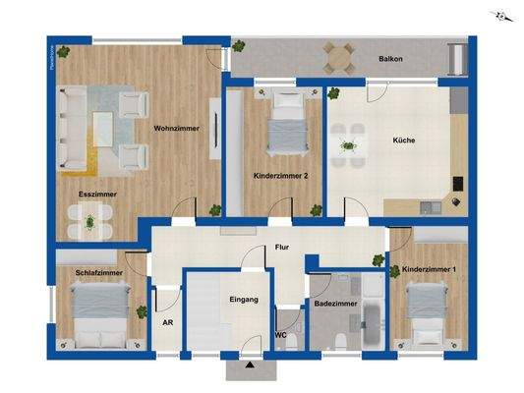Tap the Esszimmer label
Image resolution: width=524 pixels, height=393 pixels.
pyautogui.click(x=97, y=195)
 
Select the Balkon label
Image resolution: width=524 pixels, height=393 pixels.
pyautogui.click(x=390, y=60)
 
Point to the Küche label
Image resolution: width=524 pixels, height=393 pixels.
pyautogui.click(x=403, y=140)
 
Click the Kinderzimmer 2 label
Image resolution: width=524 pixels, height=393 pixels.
pyautogui.click(x=281, y=176)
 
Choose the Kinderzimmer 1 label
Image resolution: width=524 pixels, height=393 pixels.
pyautogui.click(x=430, y=268)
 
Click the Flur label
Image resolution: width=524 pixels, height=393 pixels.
pyautogui.click(x=282, y=249)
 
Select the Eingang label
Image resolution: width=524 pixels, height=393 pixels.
pyautogui.click(x=243, y=299)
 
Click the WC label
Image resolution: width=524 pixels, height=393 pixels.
pyautogui.click(x=280, y=335)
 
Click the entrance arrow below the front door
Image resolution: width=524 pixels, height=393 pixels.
pyautogui.click(x=250, y=366)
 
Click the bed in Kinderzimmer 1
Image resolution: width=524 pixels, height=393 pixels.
pyautogui.click(x=426, y=311)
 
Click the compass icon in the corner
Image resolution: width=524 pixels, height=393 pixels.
pyautogui.click(x=501, y=17)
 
